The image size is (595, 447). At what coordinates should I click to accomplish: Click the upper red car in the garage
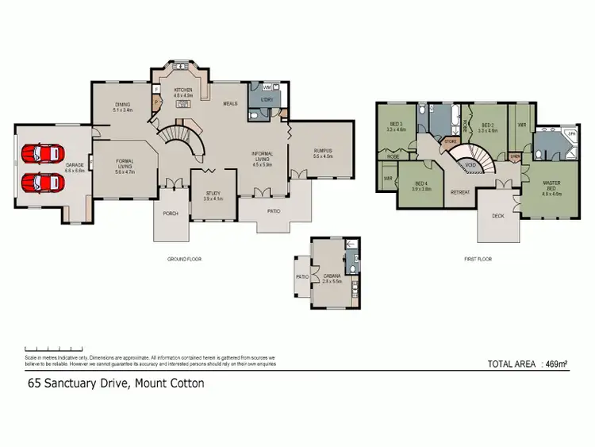click(40, 152)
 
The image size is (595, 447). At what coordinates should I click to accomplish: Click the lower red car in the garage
click(40, 183)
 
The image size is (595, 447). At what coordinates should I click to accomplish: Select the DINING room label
click(122, 104)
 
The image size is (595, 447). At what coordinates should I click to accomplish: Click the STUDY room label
click(213, 193)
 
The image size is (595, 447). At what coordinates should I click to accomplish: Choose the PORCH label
click(171, 213)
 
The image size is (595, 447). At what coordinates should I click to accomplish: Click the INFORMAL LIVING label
click(262, 156)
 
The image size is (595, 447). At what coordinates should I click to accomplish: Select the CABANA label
click(332, 276)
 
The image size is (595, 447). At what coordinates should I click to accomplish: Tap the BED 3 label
click(397, 125)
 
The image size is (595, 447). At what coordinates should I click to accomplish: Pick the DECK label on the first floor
click(497, 214)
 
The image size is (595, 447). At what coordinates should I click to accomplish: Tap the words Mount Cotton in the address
click(170, 383)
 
